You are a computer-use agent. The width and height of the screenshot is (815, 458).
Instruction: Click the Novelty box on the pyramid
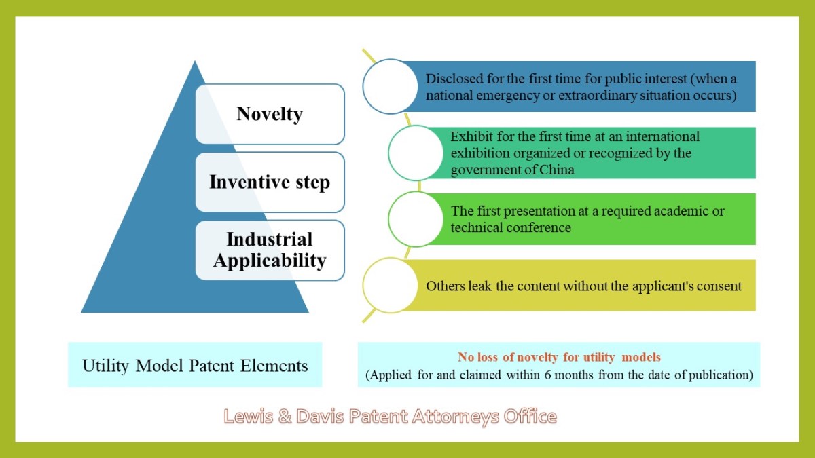click(x=270, y=114)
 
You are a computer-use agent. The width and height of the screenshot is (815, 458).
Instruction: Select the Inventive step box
click(x=270, y=182)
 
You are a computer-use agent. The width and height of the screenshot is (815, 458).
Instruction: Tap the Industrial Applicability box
click(x=270, y=250)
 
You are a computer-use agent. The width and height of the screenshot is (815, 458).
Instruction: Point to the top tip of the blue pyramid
click(x=195, y=61)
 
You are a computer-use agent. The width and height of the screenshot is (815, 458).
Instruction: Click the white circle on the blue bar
click(x=390, y=87)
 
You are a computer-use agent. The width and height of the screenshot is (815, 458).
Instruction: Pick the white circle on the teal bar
click(x=416, y=153)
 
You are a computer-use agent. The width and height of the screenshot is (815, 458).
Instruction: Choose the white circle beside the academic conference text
click(x=416, y=219)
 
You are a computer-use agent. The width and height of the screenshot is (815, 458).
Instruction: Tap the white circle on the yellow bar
click(x=390, y=286)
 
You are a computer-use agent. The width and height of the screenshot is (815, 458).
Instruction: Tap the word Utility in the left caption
click(x=105, y=366)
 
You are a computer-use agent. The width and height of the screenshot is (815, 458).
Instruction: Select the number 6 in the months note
click(x=547, y=375)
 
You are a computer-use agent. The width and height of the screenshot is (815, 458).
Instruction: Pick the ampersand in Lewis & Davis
click(x=285, y=416)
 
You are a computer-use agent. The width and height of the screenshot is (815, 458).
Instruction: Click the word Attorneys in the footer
click(x=456, y=417)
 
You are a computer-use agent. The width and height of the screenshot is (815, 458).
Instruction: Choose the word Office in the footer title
click(x=530, y=416)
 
